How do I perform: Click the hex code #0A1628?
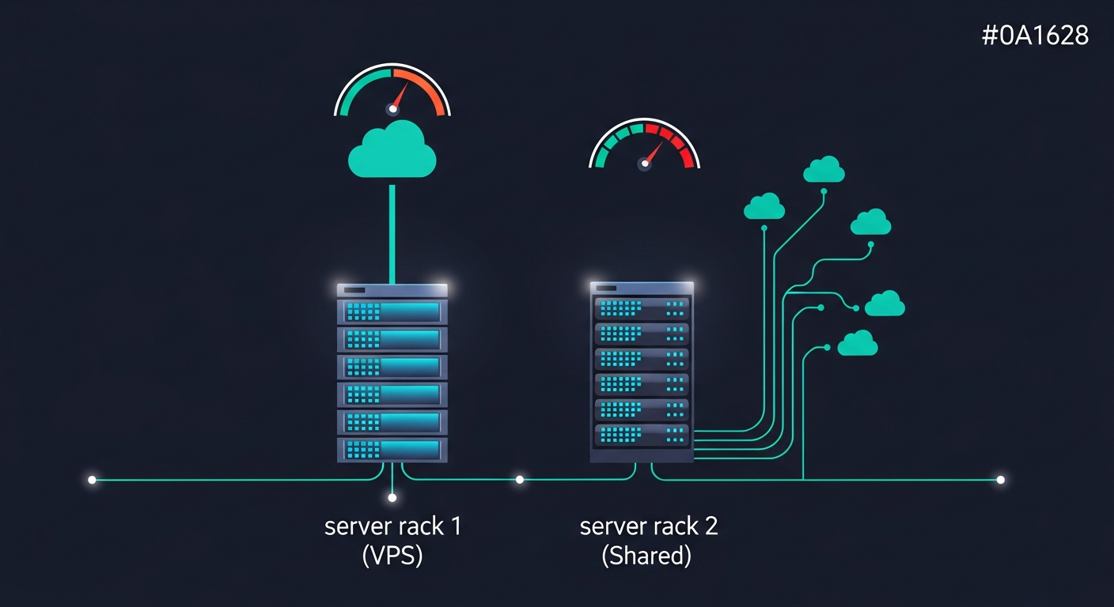[1035, 36]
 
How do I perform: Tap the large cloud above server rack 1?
[392, 151]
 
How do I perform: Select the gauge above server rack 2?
[644, 146]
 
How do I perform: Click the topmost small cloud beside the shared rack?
[824, 169]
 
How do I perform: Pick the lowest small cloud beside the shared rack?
[857, 344]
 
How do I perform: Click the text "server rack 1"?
[392, 526]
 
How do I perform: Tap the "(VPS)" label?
[392, 556]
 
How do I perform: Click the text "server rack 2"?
[649, 526]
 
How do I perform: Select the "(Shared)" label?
[646, 556]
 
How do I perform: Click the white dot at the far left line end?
[92, 480]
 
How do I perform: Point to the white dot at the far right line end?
[1000, 480]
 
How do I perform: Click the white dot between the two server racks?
[519, 480]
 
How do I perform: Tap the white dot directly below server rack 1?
[392, 497]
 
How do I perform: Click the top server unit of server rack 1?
[392, 311]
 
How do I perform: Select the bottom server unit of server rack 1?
[392, 450]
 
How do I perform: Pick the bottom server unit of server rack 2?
[642, 435]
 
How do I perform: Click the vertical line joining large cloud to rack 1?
[392, 233]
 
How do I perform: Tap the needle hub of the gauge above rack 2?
[644, 164]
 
